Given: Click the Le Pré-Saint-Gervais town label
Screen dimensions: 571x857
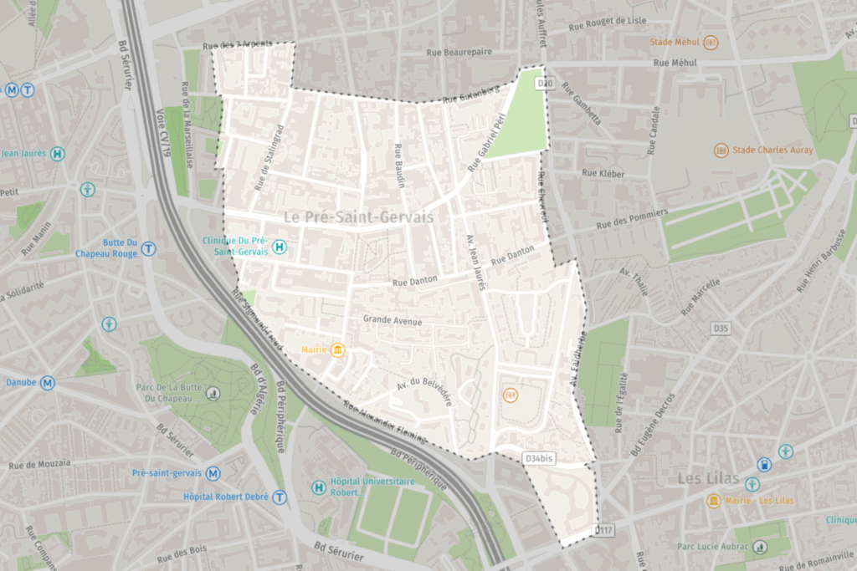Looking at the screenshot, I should tap(358, 217).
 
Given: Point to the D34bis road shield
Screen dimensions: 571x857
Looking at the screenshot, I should tap(539, 458).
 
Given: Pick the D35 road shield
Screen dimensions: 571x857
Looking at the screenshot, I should tap(721, 329).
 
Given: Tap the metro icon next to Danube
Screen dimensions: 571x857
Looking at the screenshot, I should tap(48, 383).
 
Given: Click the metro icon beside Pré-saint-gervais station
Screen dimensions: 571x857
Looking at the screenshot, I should tap(213, 473).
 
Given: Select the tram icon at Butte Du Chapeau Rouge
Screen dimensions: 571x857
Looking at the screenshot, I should tap(148, 247).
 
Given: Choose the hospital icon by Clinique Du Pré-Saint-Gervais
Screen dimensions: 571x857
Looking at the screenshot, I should tap(280, 247).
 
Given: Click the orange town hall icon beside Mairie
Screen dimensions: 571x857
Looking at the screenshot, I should tap(337, 349).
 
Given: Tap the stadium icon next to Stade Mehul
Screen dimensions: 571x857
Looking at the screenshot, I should tap(711, 42).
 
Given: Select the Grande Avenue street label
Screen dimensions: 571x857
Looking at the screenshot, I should tap(393, 320).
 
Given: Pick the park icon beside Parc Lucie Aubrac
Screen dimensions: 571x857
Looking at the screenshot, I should tap(760, 547).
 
